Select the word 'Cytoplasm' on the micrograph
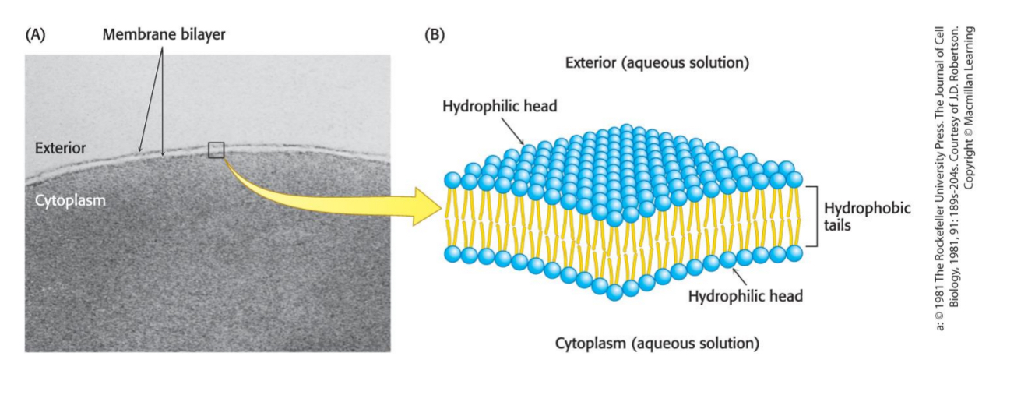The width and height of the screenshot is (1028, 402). tap(70, 200)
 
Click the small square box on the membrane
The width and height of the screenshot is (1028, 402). tap(217, 150)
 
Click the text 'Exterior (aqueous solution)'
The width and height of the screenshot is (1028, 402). tap(657, 63)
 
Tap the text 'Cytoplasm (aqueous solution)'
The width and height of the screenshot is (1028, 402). tap(657, 344)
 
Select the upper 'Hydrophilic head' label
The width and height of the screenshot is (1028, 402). tap(500, 107)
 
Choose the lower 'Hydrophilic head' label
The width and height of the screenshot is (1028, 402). tap(746, 295)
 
